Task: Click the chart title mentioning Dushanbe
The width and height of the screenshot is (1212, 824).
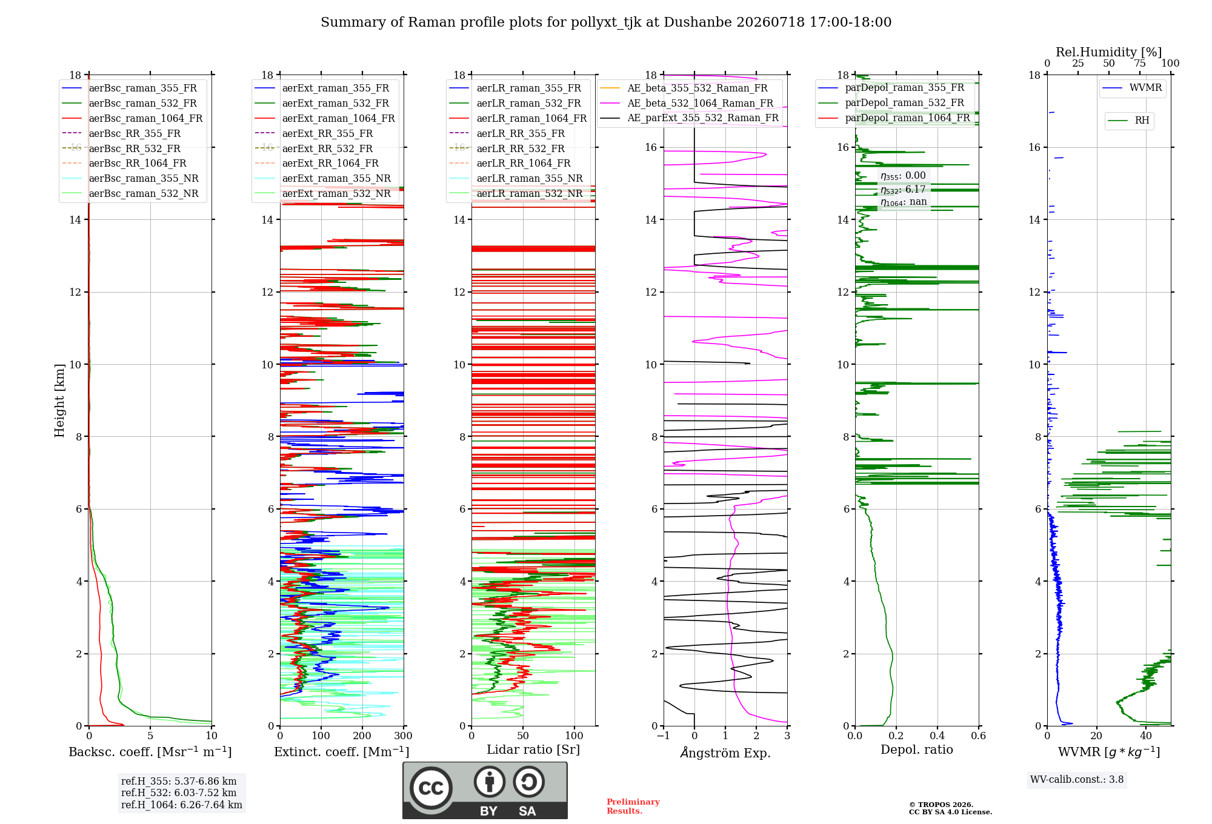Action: point(606,22)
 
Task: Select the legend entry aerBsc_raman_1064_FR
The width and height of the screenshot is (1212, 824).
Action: point(145,119)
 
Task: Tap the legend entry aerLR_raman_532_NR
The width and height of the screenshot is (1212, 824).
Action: point(530,194)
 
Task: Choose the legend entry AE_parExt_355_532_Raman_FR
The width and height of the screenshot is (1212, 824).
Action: point(703,118)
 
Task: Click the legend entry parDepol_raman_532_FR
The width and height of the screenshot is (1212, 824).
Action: point(905,103)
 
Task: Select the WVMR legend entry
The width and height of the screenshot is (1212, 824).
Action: point(1146,88)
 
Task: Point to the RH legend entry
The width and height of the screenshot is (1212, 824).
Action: point(1142,121)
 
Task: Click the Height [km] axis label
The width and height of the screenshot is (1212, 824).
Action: point(59,400)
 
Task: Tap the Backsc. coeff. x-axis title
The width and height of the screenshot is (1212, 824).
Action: point(150,752)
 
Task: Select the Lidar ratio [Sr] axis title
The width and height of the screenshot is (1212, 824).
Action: point(533,750)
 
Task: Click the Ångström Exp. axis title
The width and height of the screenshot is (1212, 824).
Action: point(725,753)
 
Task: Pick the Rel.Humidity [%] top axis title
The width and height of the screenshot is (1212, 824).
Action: point(1109,52)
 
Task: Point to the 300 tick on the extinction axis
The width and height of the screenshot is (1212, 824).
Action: point(403,736)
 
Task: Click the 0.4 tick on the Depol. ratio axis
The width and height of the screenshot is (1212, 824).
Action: point(937,736)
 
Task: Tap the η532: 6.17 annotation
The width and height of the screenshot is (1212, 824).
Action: point(903,190)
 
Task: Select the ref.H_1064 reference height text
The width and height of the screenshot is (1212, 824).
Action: point(182,805)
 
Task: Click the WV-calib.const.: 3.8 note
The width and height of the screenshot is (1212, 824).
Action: point(1077,780)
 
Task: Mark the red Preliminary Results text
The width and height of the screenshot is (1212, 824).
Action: point(633,806)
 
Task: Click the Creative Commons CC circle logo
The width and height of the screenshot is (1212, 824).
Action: point(431,788)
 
